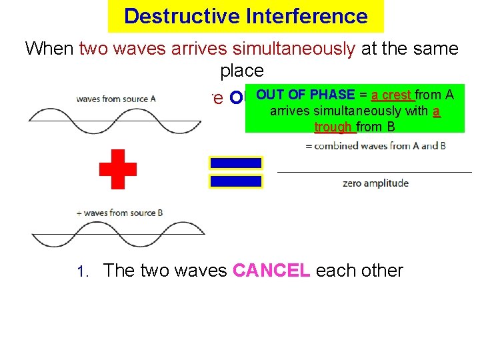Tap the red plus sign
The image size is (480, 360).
pos(118,169)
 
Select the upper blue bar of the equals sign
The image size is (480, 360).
pos(236,163)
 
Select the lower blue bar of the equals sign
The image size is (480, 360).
pos(236,181)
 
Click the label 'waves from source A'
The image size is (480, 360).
pos(116,99)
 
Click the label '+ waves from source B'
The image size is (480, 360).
pos(119,213)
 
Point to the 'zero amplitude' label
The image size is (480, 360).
pos(375,183)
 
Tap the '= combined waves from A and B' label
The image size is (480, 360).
pos(375,146)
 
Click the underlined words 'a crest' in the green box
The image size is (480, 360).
pos(393,95)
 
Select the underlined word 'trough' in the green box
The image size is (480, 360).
pos(334,126)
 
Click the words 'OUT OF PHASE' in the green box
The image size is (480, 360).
pos(305,95)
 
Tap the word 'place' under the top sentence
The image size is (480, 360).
pos(241,71)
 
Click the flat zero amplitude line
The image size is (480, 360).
pos(374,172)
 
